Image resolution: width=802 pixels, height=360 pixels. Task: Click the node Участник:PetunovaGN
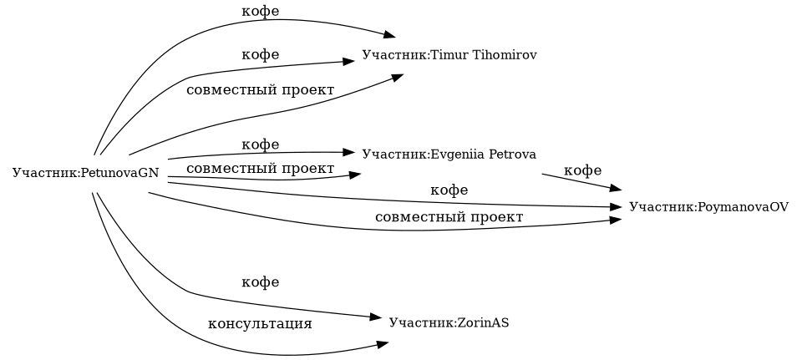tap(85, 173)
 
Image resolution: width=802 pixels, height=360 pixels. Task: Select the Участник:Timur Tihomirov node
tap(449, 55)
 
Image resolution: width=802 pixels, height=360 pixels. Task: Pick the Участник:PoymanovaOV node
tap(708, 206)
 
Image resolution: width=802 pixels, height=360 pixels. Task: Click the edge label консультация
tap(259, 323)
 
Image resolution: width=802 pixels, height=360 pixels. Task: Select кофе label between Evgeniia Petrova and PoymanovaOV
tap(582, 170)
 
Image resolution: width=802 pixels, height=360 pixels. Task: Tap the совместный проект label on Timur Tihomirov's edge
tap(260, 89)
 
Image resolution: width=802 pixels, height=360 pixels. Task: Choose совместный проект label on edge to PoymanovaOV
tap(449, 217)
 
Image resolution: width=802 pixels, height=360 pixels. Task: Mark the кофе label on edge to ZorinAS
tap(260, 282)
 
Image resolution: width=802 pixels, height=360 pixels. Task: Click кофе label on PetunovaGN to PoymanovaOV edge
tap(449, 190)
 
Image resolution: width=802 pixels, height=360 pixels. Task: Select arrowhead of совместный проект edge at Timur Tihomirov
tap(398, 76)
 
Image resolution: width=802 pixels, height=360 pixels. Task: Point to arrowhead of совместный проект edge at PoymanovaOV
tap(616, 220)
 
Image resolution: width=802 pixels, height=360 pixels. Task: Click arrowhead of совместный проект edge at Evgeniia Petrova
tap(355, 174)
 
